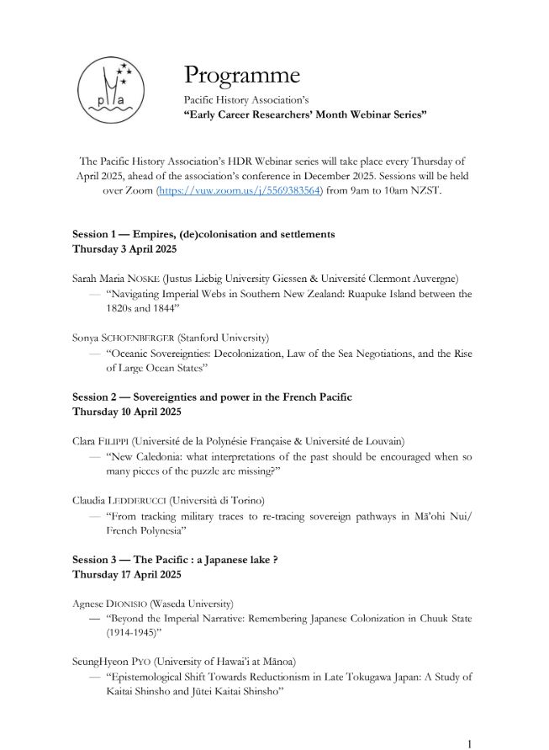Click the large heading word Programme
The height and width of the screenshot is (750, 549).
242,75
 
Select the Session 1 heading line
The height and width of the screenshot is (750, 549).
203,233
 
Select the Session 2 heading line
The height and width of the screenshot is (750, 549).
212,396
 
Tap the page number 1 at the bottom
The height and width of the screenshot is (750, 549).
469,743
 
